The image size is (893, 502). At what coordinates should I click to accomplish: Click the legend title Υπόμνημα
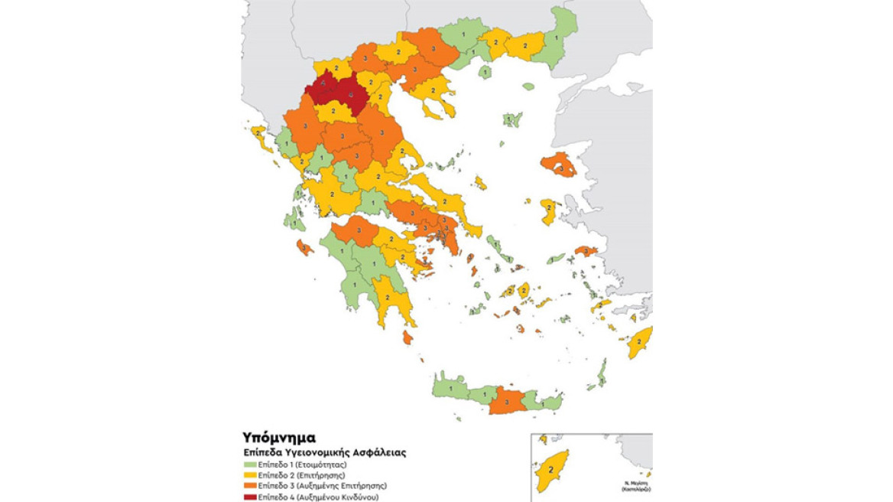(280, 438)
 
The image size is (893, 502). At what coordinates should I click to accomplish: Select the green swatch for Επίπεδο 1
(249, 465)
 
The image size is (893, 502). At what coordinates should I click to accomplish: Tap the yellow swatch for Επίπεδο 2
(249, 475)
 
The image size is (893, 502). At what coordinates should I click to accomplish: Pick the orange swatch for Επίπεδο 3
(249, 486)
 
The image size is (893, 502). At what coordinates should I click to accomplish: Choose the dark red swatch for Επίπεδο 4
(249, 497)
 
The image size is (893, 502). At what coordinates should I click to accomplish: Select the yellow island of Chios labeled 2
(548, 211)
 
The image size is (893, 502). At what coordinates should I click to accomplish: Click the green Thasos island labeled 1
(484, 73)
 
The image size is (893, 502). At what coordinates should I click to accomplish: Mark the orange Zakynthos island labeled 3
(304, 247)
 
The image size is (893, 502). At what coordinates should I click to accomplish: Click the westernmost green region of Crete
(451, 387)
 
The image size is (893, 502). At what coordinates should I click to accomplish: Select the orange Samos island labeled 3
(586, 250)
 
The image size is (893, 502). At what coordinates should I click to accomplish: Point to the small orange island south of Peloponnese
(408, 337)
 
